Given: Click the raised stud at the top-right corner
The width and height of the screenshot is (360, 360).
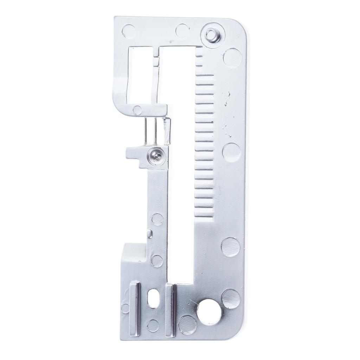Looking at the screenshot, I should pyautogui.click(x=211, y=35).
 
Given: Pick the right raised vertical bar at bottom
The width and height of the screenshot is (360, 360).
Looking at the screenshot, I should pyautogui.click(x=170, y=305).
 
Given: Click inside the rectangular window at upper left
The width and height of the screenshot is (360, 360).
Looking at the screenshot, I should pyautogui.click(x=138, y=76).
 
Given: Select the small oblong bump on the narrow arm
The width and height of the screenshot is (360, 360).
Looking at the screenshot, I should pyautogui.click(x=150, y=234).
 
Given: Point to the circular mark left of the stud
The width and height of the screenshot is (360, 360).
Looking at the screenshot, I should pyautogui.click(x=182, y=31).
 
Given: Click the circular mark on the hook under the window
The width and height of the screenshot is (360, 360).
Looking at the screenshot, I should pyautogui.click(x=137, y=110).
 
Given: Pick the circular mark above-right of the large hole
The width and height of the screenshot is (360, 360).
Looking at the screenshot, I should pyautogui.click(x=231, y=298).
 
